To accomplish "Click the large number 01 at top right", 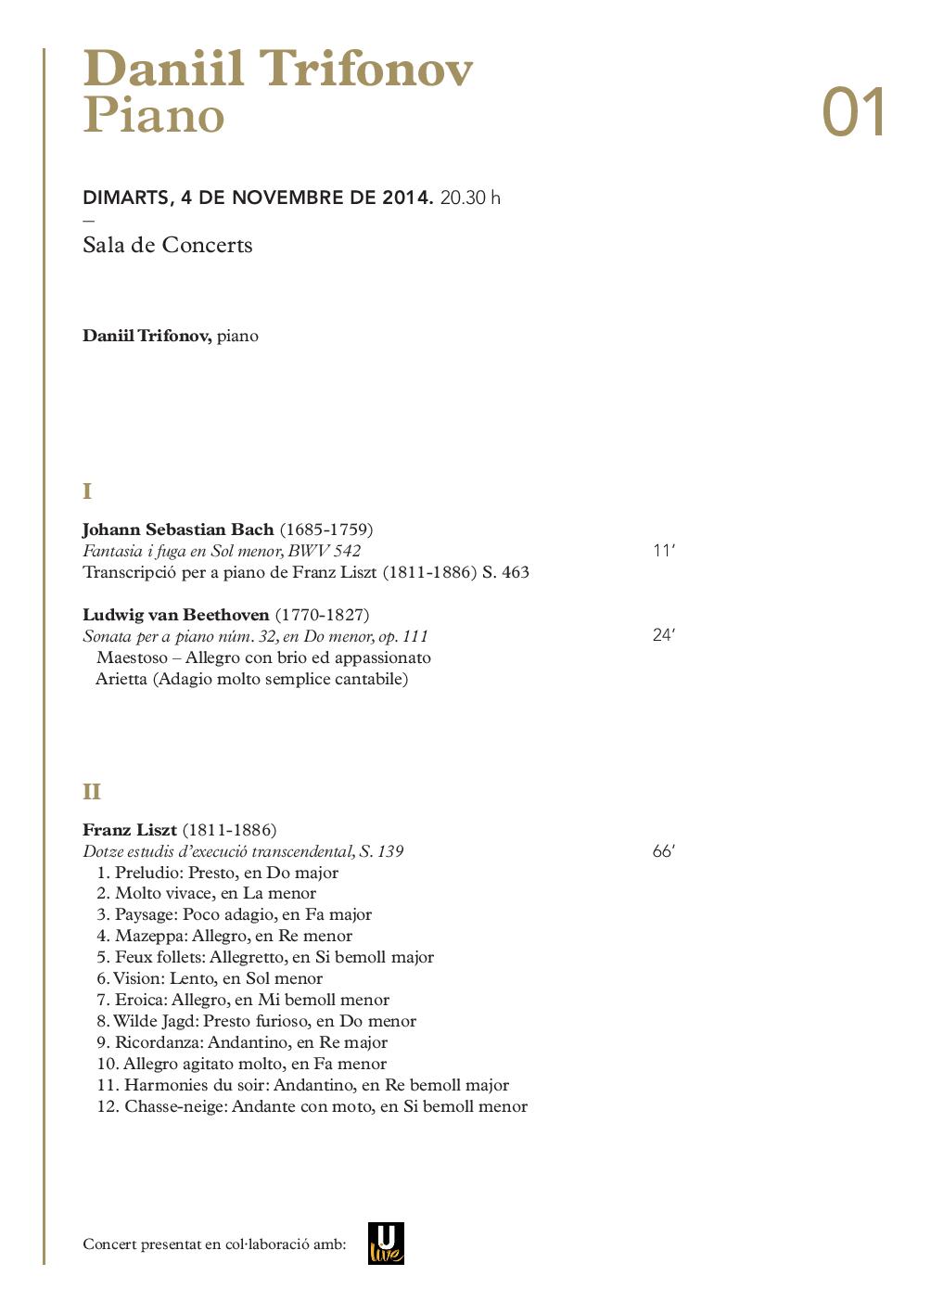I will (x=854, y=114).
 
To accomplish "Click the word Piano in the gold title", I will (x=154, y=116).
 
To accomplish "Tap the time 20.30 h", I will (x=470, y=198).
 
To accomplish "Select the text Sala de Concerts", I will (x=167, y=245).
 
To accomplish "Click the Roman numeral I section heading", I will (x=87, y=491).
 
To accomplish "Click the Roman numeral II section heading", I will (x=91, y=792).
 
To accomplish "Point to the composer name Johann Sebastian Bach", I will (x=178, y=529).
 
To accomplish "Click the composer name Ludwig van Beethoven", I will (x=175, y=615).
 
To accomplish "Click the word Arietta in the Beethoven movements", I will (x=121, y=679).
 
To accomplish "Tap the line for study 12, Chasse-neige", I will (x=312, y=1106).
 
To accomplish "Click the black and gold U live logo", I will (x=386, y=1243).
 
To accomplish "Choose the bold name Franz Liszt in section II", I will (x=130, y=829).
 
